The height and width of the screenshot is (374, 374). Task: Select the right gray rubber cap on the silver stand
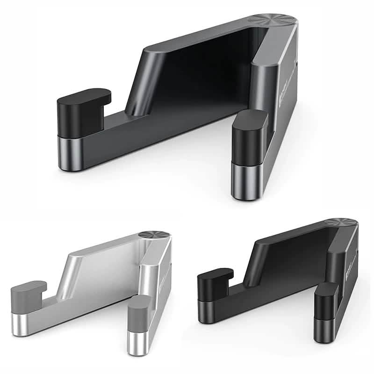click(x=139, y=312)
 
